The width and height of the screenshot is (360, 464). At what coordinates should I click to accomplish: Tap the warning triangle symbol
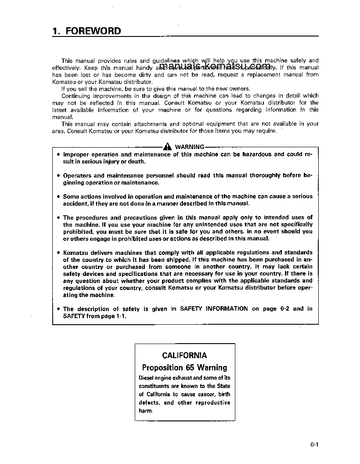tap(169, 147)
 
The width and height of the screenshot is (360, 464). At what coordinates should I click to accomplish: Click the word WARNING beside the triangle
tap(190, 147)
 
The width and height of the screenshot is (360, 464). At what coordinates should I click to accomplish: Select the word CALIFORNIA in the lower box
tap(184, 355)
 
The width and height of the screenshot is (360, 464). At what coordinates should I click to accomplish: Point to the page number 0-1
tap(313, 445)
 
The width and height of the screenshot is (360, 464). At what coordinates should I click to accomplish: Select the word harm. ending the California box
tap(146, 411)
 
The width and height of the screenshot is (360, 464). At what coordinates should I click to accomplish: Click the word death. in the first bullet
tap(137, 161)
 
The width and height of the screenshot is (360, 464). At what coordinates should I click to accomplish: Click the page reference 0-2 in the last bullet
tap(284, 309)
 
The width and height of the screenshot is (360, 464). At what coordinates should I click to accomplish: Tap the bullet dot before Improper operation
tap(58, 155)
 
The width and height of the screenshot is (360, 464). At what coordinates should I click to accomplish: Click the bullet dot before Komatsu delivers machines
tap(58, 253)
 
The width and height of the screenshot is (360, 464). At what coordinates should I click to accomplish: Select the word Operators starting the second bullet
tap(77, 175)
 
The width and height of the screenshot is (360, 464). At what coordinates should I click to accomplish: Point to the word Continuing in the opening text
tap(76, 96)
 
